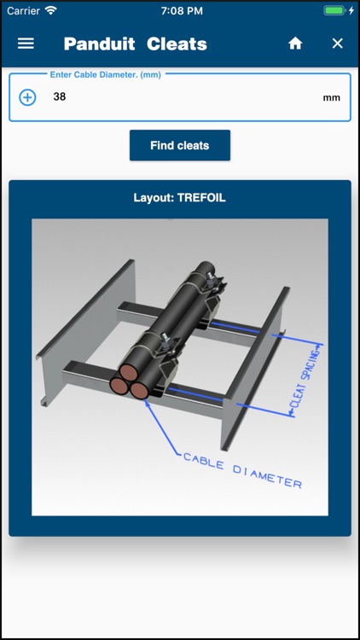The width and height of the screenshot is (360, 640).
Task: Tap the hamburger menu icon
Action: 26,44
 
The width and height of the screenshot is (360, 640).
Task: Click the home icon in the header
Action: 295,44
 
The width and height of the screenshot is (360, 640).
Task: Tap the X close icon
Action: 337,44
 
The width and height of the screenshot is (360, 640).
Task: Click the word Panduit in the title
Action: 99,44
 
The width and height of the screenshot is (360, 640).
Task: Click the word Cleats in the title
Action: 177,44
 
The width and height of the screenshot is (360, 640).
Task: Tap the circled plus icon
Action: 27,97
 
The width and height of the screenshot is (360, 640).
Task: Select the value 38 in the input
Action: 59,97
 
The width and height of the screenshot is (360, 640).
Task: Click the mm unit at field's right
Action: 331,98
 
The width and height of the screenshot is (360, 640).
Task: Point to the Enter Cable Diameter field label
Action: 105,74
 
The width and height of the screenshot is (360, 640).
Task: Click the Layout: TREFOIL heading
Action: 179,198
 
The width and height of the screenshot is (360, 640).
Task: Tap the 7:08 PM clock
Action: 180,10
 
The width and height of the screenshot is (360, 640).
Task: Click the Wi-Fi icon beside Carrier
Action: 50,10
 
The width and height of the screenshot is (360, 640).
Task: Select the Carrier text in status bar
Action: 23,10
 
